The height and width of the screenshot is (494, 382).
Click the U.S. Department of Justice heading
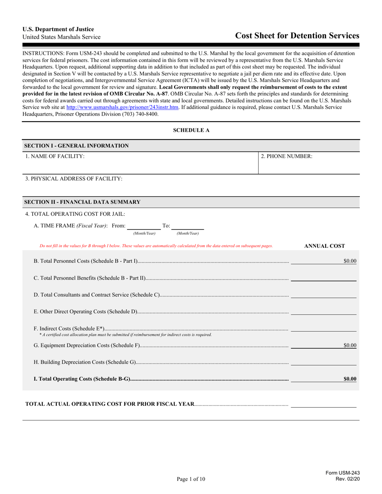point(58,29)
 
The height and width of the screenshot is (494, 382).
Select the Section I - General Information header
point(77,146)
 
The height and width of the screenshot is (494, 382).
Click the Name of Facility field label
point(55,156)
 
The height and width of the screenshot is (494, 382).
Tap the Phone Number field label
point(287,156)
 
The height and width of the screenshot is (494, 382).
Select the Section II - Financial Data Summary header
point(82,202)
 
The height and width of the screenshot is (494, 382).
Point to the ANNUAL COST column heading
point(324,246)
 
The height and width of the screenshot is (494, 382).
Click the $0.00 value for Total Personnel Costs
point(349,261)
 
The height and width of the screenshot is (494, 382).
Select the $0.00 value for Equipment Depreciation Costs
point(349,345)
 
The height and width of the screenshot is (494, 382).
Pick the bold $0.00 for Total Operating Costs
point(349,379)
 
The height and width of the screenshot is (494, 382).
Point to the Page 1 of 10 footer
point(191,479)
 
